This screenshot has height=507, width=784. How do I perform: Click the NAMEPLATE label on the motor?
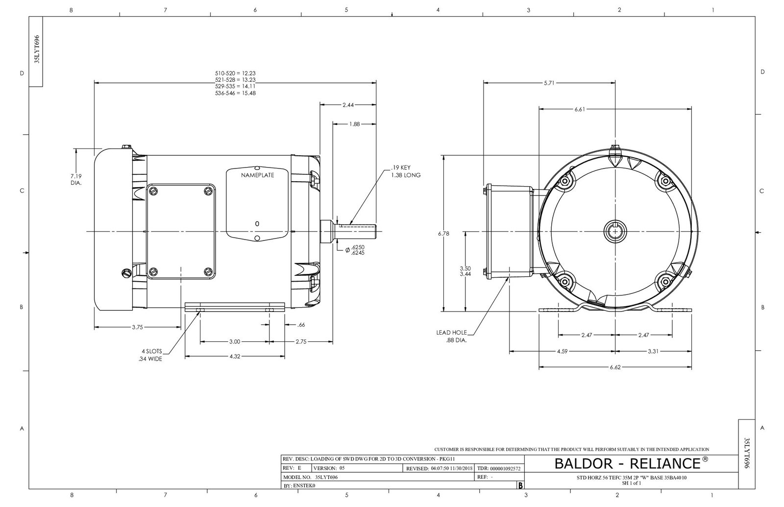tap(257, 175)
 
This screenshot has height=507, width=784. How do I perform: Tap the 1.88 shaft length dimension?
tap(355, 124)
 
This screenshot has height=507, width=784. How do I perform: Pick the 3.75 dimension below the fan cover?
tap(137, 327)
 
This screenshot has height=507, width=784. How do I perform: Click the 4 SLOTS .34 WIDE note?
tap(150, 355)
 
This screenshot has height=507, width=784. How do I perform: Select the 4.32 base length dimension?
tap(235, 357)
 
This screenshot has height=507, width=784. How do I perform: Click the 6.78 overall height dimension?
tap(443, 234)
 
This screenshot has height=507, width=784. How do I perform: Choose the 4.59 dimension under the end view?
tap(562, 351)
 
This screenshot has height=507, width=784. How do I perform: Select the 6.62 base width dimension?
tap(615, 367)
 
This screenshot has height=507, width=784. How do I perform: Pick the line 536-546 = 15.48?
tap(235, 93)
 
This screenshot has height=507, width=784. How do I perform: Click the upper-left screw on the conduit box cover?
tap(154, 191)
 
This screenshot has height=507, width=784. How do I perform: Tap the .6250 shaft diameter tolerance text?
tap(358, 248)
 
